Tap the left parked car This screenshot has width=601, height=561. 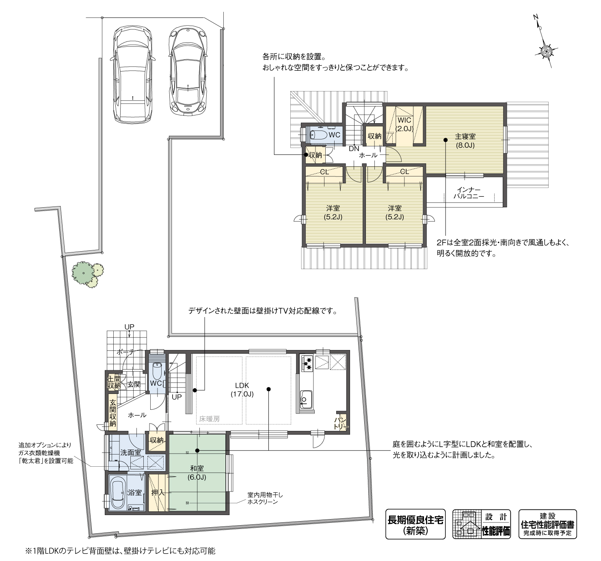tap(134, 75)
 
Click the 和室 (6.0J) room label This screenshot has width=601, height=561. tap(197, 473)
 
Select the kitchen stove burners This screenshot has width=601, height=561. tap(307, 363)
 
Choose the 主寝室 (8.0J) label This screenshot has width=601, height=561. tap(465, 141)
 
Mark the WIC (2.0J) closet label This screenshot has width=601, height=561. tap(404, 124)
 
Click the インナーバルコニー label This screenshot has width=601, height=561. tap(469, 193)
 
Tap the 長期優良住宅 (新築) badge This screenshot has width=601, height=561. tap(415, 524)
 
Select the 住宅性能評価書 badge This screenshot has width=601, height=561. tap(547, 524)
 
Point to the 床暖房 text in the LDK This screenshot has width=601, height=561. tap(209, 419)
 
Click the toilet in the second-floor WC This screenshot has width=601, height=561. tap(319, 135)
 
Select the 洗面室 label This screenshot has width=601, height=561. tap(130, 452)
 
